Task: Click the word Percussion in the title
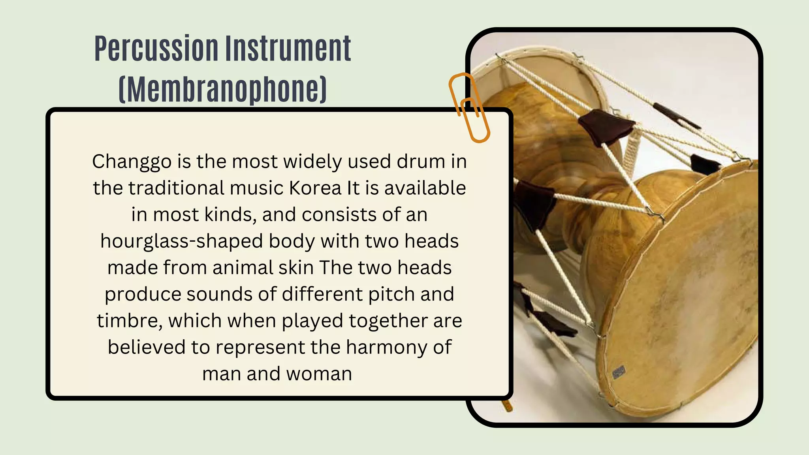pyautogui.click(x=156, y=49)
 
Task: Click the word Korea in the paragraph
pyautogui.click(x=315, y=188)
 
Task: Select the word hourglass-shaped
pyautogui.click(x=181, y=241)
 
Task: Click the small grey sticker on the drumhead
pyautogui.click(x=619, y=372)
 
